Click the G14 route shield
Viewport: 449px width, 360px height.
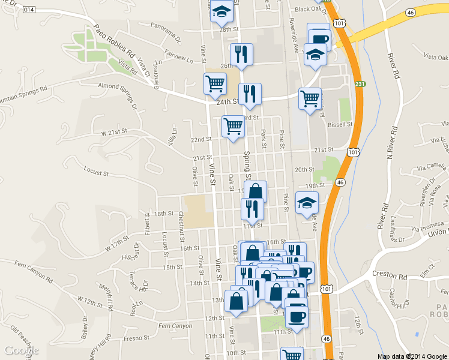[31, 9]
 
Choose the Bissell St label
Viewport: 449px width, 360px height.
[342, 124]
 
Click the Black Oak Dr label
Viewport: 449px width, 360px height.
[310, 9]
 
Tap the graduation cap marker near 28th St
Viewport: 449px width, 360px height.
[221, 12]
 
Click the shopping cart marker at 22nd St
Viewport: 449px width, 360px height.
[233, 127]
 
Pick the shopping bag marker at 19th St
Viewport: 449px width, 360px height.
[255, 192]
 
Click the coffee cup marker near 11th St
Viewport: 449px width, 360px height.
[296, 316]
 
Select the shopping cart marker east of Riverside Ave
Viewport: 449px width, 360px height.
[310, 98]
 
